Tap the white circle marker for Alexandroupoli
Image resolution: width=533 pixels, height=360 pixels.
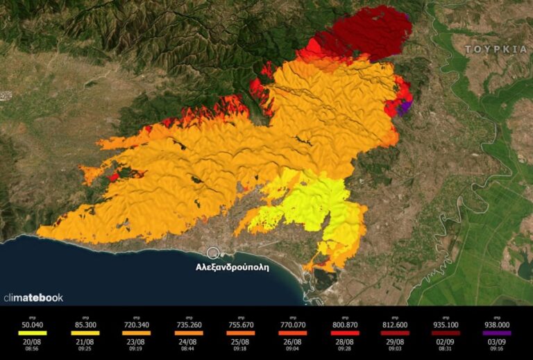point(213,253)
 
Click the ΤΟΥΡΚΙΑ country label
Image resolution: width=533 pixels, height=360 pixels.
point(496,50)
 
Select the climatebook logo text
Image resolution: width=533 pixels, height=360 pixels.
point(33,298)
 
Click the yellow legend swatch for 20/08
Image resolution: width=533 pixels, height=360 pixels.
point(33,333)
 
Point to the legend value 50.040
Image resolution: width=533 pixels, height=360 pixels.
point(33,325)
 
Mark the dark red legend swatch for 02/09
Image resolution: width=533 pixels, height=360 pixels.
point(446,333)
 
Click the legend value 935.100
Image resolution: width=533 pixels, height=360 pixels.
point(446,325)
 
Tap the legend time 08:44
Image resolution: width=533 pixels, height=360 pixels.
point(189,349)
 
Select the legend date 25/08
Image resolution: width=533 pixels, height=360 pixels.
point(240,342)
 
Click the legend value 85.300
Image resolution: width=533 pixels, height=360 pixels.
point(85,325)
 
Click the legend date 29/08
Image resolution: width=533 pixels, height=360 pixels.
point(393,342)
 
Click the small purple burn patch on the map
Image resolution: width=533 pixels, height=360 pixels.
point(407,105)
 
